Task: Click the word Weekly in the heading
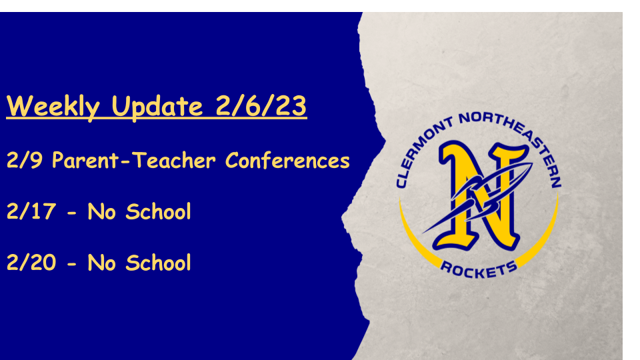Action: click(53, 106)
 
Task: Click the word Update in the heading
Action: click(157, 106)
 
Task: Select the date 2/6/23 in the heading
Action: click(261, 106)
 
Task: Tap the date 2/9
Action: click(25, 160)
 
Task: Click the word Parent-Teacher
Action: click(134, 160)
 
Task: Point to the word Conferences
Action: click(287, 160)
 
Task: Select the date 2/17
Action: click(31, 211)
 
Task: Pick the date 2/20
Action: click(31, 263)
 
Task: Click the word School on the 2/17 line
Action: click(159, 211)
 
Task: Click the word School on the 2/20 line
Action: click(159, 263)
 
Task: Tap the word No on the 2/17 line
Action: click(101, 212)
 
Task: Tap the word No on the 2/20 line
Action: click(101, 263)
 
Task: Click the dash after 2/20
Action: click(72, 264)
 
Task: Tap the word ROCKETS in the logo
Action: click(479, 270)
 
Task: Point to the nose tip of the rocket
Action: click(531, 164)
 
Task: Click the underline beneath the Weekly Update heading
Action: click(156, 119)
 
